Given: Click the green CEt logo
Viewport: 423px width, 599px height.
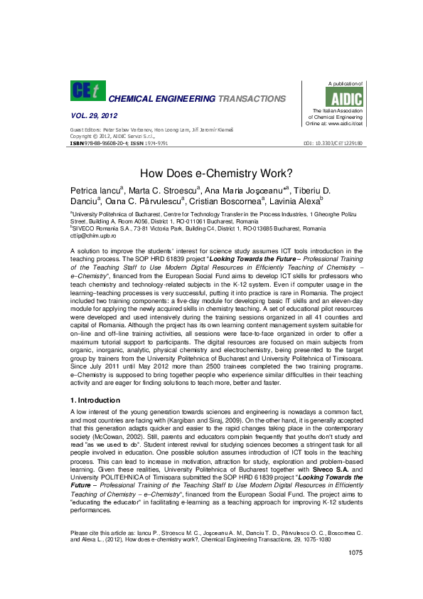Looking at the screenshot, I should pos(87,91).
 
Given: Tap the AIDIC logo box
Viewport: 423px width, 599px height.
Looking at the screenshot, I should pos(348,97).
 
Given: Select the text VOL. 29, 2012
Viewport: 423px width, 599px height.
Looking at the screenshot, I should pos(94,115).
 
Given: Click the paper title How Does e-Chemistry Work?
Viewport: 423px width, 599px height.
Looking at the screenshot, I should pos(211,173).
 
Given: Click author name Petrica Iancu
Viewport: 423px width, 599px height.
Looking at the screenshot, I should pos(96,191).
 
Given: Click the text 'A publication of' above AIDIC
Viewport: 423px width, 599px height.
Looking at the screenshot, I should pos(344,84).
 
